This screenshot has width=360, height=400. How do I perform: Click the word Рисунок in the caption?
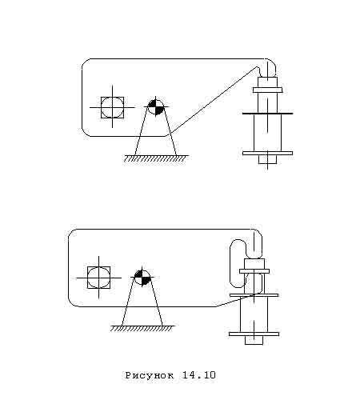[x=150, y=375]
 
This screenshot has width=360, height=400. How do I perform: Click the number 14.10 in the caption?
[x=199, y=375]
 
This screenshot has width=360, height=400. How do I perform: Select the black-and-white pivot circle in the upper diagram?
[x=156, y=107]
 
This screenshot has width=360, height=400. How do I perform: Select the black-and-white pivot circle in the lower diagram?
[x=142, y=278]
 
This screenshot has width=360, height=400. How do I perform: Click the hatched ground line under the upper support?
[x=156, y=158]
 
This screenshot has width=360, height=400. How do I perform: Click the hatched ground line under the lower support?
[x=142, y=329]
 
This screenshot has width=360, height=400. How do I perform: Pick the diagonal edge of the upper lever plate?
[x=214, y=100]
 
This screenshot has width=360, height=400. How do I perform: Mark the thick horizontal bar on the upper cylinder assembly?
[x=267, y=114]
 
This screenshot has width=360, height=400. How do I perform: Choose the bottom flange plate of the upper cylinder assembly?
[x=267, y=154]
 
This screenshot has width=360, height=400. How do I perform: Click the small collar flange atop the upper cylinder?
[x=267, y=90]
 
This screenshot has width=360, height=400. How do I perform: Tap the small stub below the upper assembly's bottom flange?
[x=267, y=159]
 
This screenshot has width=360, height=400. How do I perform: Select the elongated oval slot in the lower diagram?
[x=238, y=263]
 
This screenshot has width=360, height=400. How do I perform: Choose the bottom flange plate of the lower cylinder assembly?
[x=254, y=334]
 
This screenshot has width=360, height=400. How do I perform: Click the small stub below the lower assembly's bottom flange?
[x=254, y=340]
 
